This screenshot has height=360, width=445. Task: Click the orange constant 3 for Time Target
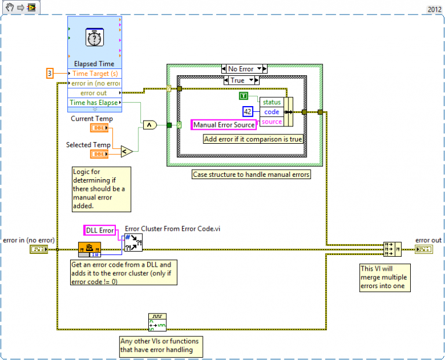pyautogui.click(x=50, y=74)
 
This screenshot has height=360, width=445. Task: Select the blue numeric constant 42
pyautogui.click(x=248, y=111)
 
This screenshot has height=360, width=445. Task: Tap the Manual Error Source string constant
pyautogui.click(x=224, y=125)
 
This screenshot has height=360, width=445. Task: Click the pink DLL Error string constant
pyautogui.click(x=100, y=230)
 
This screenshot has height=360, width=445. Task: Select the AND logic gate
pyautogui.click(x=149, y=125)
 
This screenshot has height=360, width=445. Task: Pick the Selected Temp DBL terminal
pyautogui.click(x=98, y=154)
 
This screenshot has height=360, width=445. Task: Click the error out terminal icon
pyautogui.click(x=423, y=249)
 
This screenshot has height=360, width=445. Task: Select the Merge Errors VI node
pyautogui.click(x=392, y=249)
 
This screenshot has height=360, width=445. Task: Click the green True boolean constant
pyautogui.click(x=244, y=96)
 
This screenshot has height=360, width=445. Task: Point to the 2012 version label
pyautogui.click(x=434, y=9)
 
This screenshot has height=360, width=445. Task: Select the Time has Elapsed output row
pyautogui.click(x=94, y=103)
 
